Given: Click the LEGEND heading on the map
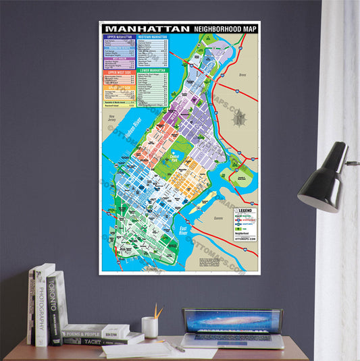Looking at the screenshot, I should pyautogui.click(x=245, y=211).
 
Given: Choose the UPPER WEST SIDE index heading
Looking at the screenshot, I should pyautogui.click(x=118, y=72).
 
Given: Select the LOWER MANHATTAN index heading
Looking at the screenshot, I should pyautogui.click(x=153, y=70).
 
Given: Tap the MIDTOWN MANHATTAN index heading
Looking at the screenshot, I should pyautogui.click(x=153, y=36).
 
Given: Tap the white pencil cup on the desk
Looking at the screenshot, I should pyautogui.click(x=150, y=327).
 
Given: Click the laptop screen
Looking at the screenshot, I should pyautogui.click(x=232, y=321).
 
